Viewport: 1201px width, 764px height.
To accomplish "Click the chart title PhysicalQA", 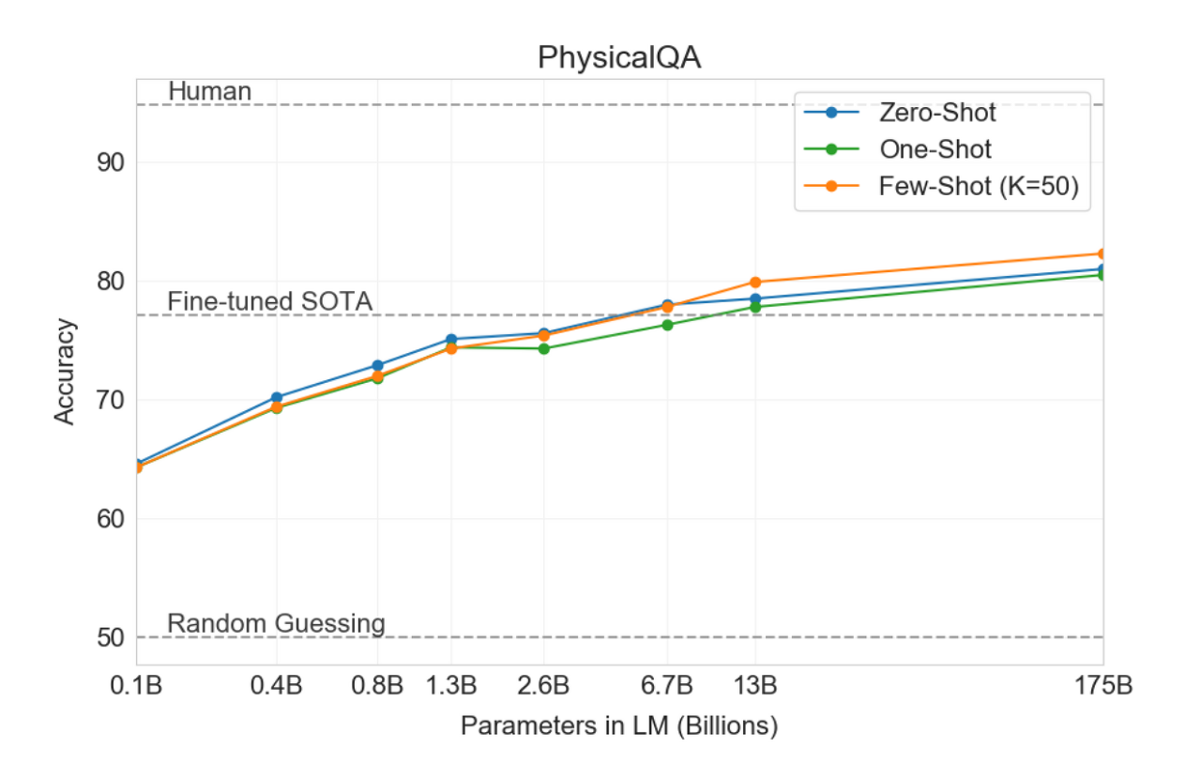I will [x=619, y=58].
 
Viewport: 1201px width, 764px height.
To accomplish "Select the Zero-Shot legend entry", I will [x=936, y=114].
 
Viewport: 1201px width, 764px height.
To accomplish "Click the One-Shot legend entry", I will [x=935, y=149].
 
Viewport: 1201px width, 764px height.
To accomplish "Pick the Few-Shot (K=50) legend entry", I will [x=978, y=186].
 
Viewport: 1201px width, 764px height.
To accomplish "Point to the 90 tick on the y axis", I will [x=111, y=162].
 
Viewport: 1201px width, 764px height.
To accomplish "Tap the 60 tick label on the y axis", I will [x=111, y=519].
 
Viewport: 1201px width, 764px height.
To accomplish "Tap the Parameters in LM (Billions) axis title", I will [x=619, y=726].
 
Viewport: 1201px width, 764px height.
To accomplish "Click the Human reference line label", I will [x=209, y=91].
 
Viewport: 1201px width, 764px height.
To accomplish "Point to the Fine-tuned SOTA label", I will [x=270, y=301].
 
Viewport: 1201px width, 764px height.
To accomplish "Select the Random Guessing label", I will [x=276, y=623].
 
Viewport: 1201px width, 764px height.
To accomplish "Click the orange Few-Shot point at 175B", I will [x=1102, y=253].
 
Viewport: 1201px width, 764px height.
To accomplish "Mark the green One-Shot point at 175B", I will [x=1102, y=275].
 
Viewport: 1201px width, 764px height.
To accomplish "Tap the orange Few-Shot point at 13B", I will [x=755, y=282].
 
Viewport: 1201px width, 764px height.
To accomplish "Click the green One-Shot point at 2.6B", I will [x=543, y=348].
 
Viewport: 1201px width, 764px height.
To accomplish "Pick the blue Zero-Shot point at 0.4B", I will [x=276, y=397].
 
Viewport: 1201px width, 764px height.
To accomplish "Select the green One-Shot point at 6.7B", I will [x=667, y=325].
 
